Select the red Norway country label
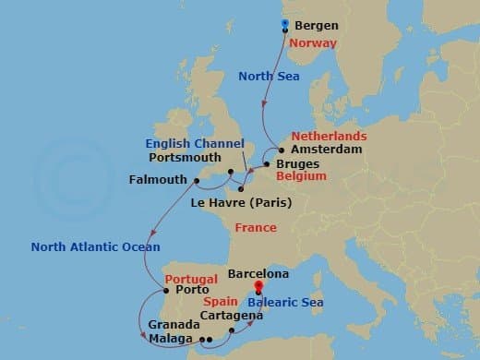(x=312, y=42)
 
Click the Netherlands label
(x=330, y=136)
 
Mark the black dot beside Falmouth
(x=196, y=178)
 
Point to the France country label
(x=256, y=226)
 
